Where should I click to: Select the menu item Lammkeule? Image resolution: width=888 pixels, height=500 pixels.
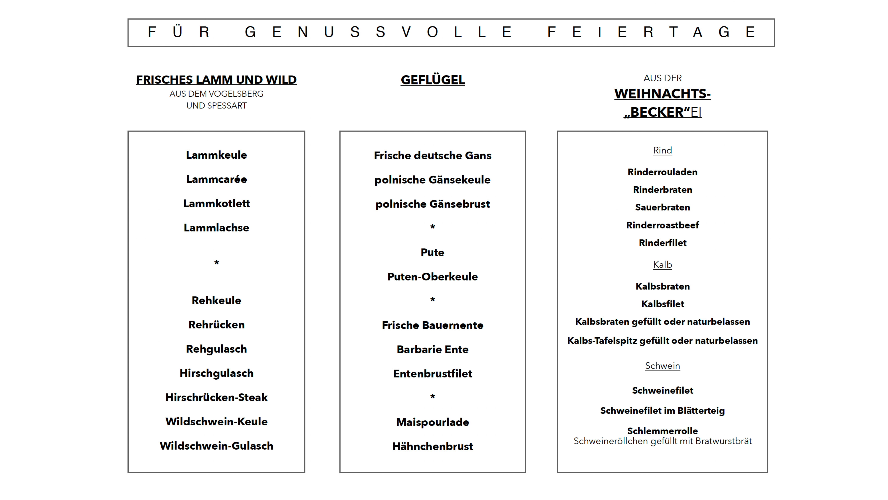[x=216, y=155]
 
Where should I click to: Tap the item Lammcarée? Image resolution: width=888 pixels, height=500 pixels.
[x=216, y=179]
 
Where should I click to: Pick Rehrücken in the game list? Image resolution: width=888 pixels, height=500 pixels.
[x=216, y=325]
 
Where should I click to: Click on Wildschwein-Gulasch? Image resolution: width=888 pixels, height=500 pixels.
[x=216, y=446]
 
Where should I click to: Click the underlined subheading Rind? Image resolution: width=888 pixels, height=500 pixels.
[x=662, y=150]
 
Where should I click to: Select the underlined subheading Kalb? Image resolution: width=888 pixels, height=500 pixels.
[x=662, y=265]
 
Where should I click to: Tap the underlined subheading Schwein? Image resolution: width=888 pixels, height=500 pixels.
[x=662, y=366]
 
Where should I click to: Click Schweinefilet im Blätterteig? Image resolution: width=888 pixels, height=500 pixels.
[x=662, y=411]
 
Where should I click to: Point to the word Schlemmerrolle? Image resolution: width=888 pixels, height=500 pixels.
[x=662, y=431]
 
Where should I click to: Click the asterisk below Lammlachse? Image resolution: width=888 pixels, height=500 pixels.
[x=216, y=263]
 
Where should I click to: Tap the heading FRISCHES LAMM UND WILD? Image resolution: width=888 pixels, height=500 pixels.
[x=216, y=80]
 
